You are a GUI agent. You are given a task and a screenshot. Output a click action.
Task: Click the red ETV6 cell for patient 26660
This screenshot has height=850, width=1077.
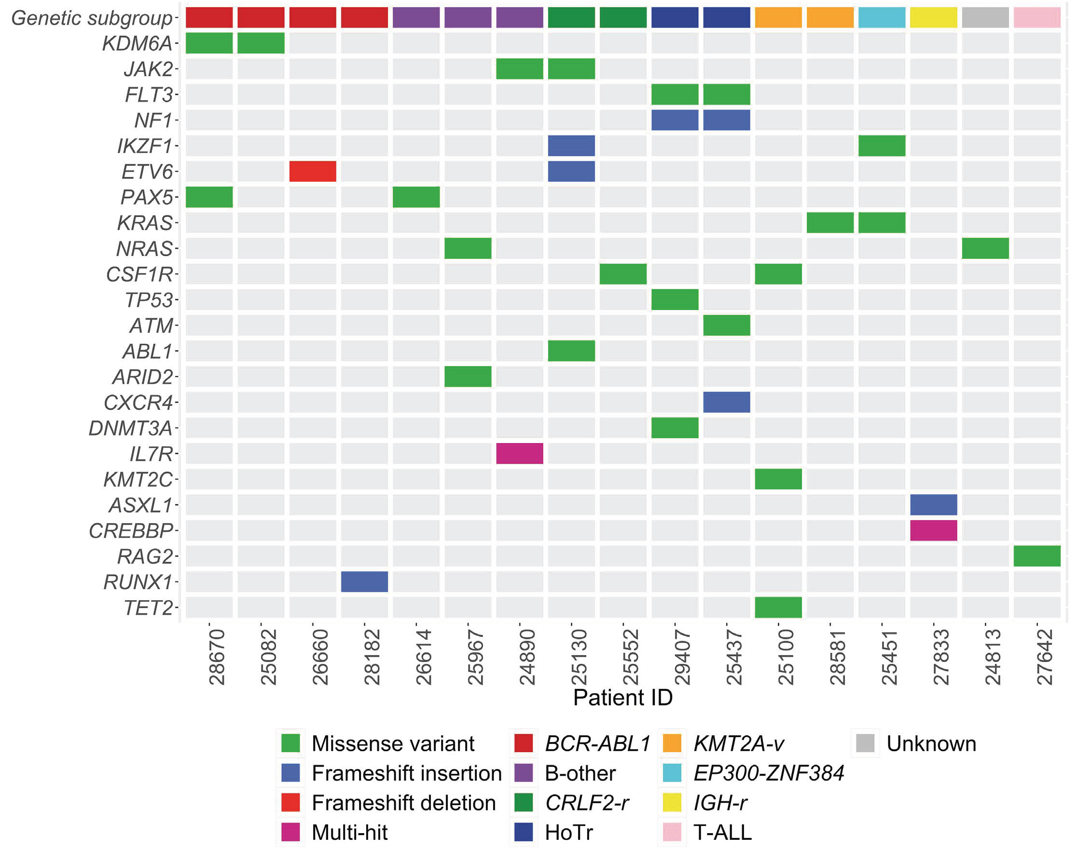(x=312, y=171)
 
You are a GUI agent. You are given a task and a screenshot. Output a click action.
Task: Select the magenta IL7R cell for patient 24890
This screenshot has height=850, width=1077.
(x=519, y=453)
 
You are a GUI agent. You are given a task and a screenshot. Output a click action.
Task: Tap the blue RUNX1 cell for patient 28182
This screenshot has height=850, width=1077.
(x=364, y=581)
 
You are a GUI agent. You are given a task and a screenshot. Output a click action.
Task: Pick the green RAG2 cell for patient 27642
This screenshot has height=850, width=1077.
(x=1036, y=556)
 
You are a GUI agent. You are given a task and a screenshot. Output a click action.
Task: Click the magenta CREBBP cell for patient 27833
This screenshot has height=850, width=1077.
(x=933, y=530)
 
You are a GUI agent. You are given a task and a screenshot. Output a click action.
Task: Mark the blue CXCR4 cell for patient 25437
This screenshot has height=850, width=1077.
(x=727, y=402)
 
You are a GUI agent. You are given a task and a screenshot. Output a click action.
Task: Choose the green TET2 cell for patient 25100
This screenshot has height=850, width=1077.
(x=778, y=607)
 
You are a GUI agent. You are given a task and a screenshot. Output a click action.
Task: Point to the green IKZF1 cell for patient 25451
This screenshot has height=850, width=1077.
(x=881, y=146)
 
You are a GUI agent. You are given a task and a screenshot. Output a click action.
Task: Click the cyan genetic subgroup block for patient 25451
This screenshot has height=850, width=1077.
(x=881, y=17)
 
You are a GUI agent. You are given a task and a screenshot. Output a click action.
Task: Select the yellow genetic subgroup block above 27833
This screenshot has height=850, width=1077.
(x=933, y=17)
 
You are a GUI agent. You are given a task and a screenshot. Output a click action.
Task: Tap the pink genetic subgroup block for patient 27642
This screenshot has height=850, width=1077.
(x=1036, y=17)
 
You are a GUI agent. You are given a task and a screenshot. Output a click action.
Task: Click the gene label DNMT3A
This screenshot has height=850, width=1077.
(x=130, y=428)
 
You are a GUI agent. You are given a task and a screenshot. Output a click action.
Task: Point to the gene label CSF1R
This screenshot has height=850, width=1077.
(x=139, y=274)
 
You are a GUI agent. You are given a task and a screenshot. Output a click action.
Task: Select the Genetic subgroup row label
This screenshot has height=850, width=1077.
(x=92, y=18)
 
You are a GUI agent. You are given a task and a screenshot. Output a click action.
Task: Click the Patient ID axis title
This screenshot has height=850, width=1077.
(x=622, y=698)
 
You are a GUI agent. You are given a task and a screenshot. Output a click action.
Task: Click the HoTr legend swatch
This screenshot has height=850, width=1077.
(x=524, y=832)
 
